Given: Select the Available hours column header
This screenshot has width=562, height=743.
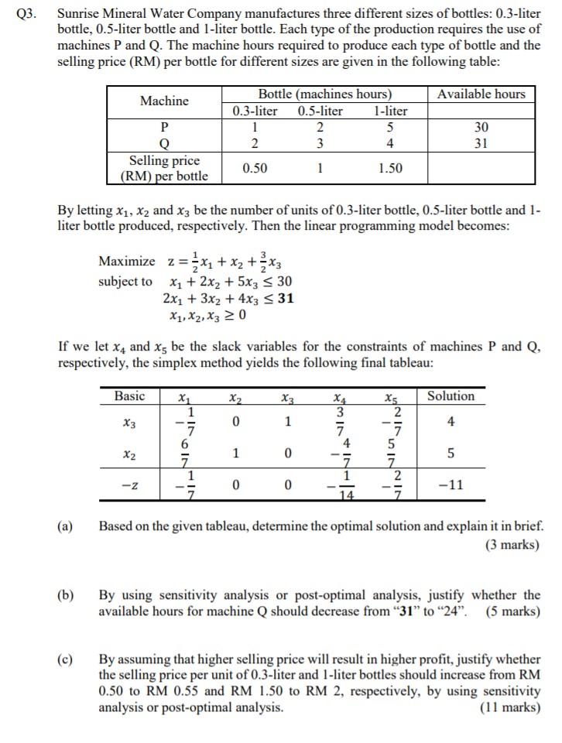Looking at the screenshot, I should [x=481, y=94].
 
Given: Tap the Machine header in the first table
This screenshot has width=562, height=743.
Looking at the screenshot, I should [x=163, y=101].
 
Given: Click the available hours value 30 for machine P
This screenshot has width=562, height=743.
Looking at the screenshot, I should [x=481, y=127].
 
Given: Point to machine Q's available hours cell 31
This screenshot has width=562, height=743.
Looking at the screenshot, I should [x=481, y=143].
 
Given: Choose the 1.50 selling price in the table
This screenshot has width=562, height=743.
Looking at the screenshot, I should [x=390, y=168].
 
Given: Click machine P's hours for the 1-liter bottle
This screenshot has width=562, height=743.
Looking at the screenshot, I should [x=390, y=127].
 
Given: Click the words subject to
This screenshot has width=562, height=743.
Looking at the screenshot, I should [x=125, y=281].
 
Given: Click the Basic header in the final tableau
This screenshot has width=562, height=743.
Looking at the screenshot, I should [x=129, y=396].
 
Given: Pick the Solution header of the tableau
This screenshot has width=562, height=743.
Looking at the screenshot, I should [x=451, y=396].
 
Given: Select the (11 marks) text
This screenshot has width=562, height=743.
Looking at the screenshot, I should [x=510, y=707].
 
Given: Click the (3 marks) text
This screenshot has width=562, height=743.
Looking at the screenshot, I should [x=512, y=544].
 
